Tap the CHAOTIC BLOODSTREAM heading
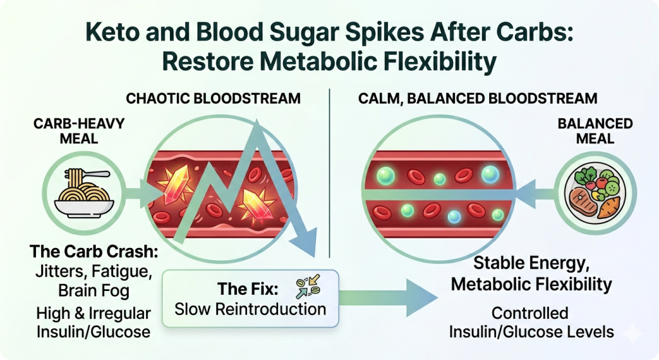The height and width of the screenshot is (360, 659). pos(213,99)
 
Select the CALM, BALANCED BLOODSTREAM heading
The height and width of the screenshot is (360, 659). pos(478,99)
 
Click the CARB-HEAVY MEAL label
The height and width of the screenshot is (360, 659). pos(79,131)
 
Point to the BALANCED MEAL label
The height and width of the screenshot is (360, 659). pos(595,131)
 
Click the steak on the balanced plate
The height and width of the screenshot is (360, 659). pos(583,202)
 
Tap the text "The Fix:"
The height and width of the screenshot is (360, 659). pos(248,289)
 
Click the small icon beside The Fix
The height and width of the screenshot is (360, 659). pos(308,287)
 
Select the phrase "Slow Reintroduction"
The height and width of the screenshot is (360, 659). pos(250,309)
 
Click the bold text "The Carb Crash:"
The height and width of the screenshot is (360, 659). pos(94,252)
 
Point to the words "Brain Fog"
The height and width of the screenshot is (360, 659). pos(94,290)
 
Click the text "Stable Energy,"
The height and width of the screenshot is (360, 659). pos(532,263)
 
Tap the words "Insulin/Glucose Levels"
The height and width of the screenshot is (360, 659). pos(532,332)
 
